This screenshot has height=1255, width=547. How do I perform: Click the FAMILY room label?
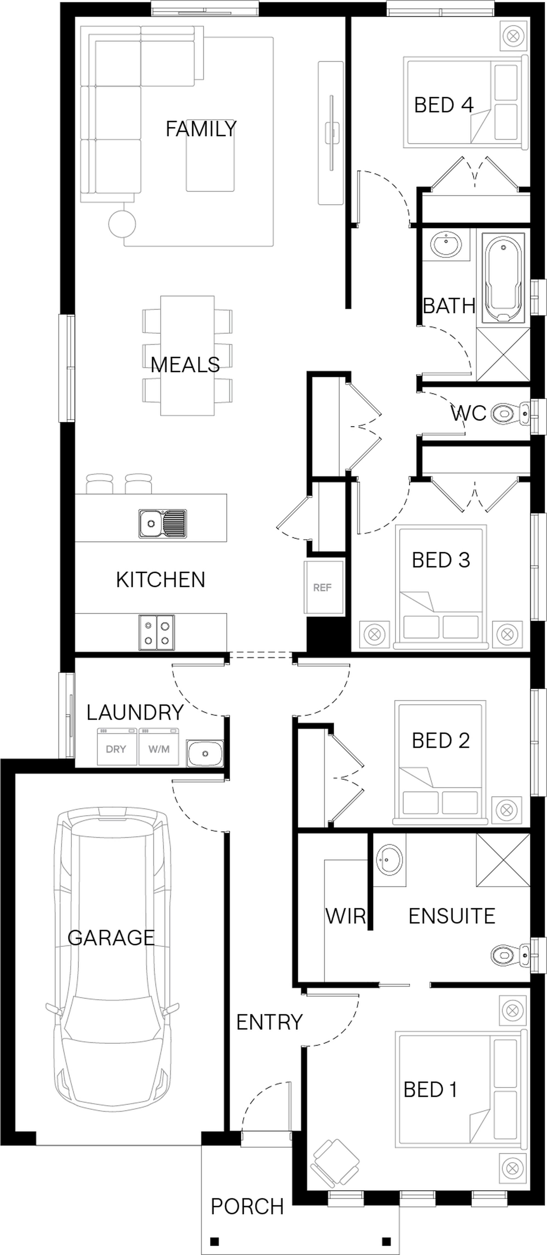point(201,129)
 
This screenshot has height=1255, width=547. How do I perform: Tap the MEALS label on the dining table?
point(185,365)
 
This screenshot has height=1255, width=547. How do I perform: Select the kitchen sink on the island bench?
point(162,524)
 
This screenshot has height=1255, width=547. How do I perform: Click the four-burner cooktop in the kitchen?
point(156,632)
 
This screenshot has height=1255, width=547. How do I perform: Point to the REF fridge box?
point(323,587)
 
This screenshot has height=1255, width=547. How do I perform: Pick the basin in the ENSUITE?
point(389,859)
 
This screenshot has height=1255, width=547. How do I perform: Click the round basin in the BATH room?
point(446,245)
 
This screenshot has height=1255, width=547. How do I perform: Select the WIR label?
point(346,916)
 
